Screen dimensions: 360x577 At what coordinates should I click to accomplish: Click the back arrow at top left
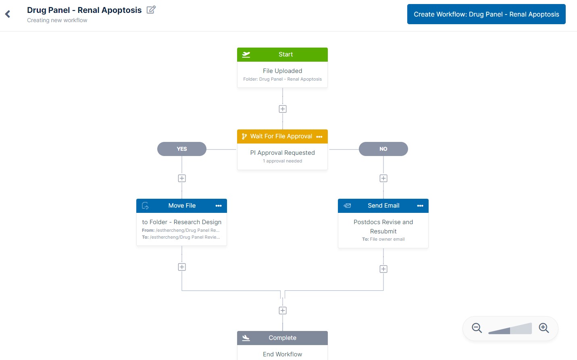[x=8, y=15]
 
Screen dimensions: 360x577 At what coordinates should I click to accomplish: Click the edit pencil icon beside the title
[x=151, y=10]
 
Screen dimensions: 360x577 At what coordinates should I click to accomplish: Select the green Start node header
[x=282, y=54]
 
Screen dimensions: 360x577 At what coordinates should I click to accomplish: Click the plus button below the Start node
[x=283, y=109]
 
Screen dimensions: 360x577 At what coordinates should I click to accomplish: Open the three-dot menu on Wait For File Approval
[x=319, y=137]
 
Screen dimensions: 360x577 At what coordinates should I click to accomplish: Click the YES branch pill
[x=182, y=149]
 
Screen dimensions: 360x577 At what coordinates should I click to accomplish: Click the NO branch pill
[x=383, y=149]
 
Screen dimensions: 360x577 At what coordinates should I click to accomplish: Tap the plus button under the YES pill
[x=182, y=178]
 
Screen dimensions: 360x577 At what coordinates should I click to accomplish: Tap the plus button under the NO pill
[x=383, y=178]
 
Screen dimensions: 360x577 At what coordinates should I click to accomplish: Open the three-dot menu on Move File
[x=219, y=206]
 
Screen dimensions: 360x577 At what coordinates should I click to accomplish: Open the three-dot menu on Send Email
[x=420, y=206]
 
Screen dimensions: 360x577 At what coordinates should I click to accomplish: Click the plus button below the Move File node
[x=182, y=267]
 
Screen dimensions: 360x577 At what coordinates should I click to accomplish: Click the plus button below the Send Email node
[x=383, y=269]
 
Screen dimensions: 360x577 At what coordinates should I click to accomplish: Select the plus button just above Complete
[x=283, y=310]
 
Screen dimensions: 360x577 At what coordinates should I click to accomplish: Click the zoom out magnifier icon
[x=477, y=328]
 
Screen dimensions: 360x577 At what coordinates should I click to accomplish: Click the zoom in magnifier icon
[x=544, y=328]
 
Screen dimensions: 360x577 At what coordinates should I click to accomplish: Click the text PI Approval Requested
[x=282, y=153]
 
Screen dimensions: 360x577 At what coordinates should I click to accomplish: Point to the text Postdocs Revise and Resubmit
[x=383, y=227]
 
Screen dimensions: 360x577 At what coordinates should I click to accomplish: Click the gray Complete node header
[x=282, y=338]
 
